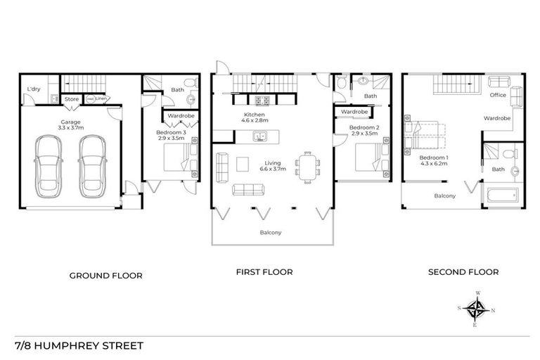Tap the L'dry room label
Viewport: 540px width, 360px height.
pyautogui.click(x=32, y=89)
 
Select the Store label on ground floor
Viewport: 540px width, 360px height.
pyautogui.click(x=72, y=99)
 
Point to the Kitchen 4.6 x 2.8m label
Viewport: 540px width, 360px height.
pyautogui.click(x=253, y=118)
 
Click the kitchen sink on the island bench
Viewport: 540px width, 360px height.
pyautogui.click(x=261, y=137)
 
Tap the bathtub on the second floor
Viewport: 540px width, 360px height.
pyautogui.click(x=501, y=194)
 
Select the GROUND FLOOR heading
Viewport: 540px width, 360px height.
pyautogui.click(x=105, y=276)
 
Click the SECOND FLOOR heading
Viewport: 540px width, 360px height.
pyautogui.click(x=466, y=272)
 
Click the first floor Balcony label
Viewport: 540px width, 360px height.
pyautogui.click(x=271, y=232)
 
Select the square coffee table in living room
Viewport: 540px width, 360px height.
pyautogui.click(x=243, y=163)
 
